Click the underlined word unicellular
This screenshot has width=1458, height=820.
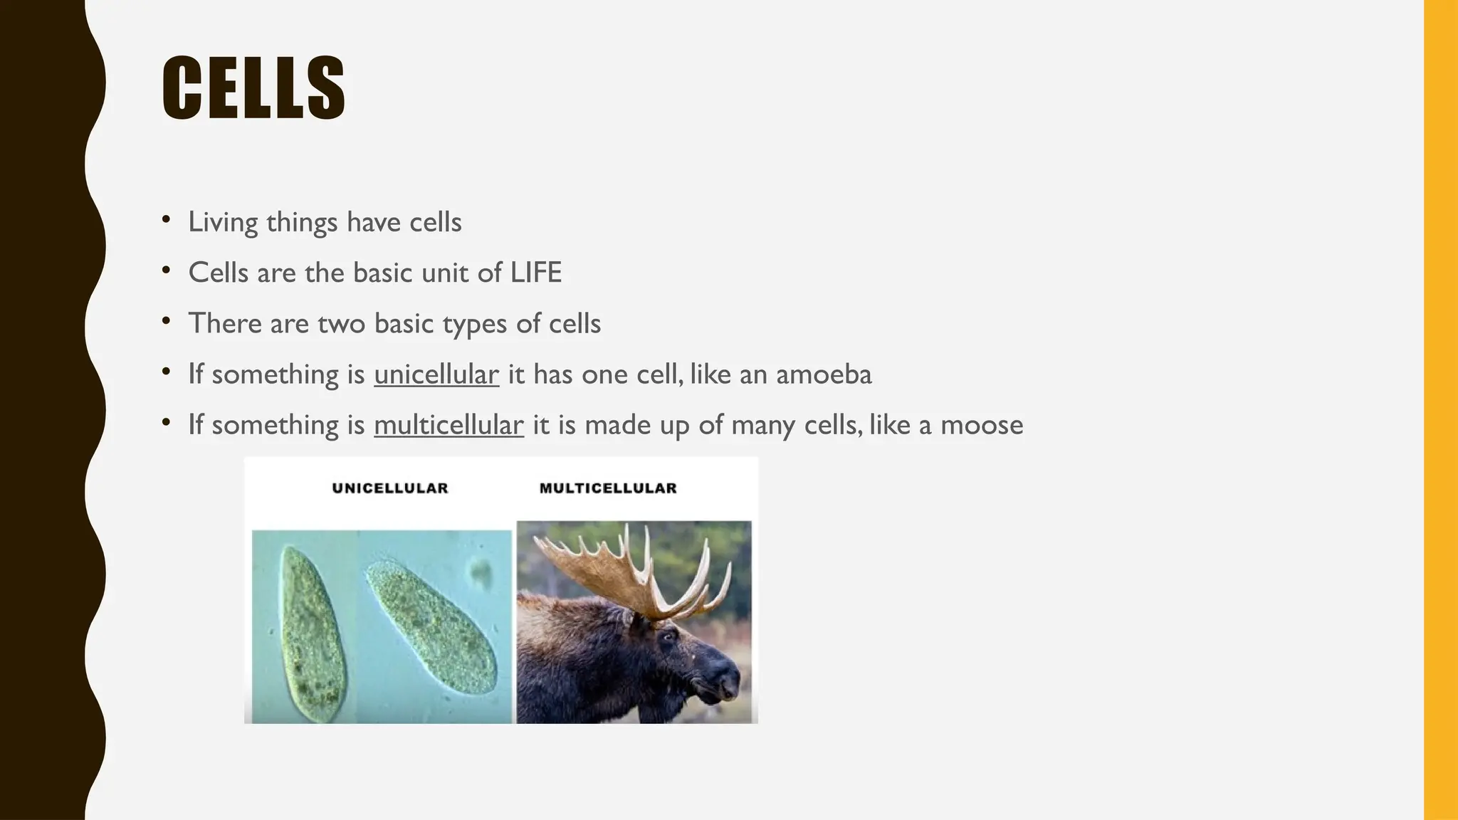pos(436,374)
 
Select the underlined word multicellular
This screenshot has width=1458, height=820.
pos(449,425)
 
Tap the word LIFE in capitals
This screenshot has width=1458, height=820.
pos(535,273)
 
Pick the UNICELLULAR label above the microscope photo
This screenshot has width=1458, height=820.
pos(390,488)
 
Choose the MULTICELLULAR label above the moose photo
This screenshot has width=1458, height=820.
pos(608,488)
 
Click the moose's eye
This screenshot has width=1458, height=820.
pos(668,636)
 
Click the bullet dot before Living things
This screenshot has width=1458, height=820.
pos(166,219)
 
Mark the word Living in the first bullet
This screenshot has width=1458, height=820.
pos(223,222)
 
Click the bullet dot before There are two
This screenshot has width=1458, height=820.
pos(166,321)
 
